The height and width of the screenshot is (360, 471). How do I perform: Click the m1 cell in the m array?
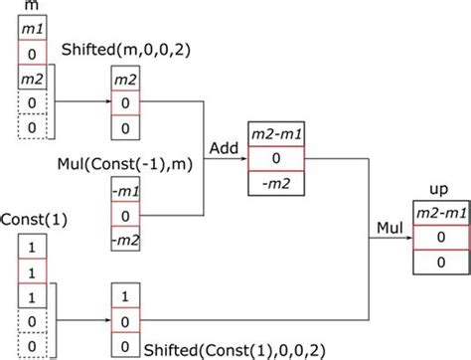pos(32,29)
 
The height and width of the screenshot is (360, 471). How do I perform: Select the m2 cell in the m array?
pos(32,77)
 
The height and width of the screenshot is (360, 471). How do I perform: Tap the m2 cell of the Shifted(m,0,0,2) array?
pos(123,79)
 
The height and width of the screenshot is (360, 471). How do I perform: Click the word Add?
pos(222,147)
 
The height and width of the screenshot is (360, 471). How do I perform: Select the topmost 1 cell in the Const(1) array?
pos(32,248)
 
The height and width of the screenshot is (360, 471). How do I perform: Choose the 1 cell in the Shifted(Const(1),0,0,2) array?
pos(123,295)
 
